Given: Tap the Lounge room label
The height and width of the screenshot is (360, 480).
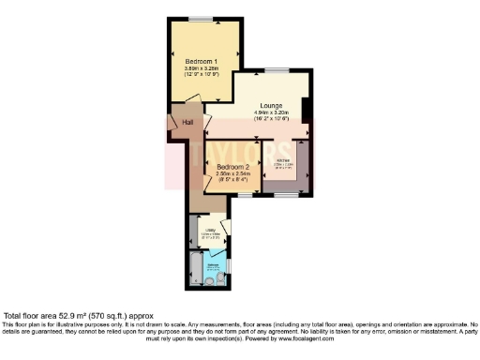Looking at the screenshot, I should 272,106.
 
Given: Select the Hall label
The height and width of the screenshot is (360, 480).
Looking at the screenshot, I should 188,123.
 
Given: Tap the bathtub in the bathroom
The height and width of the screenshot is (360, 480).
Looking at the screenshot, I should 194,267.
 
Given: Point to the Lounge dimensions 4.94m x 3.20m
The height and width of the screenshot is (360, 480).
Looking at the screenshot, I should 272,113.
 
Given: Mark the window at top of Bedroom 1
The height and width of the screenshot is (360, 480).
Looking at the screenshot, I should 202,20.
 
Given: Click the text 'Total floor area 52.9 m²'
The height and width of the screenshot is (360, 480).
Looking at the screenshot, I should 56,316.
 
